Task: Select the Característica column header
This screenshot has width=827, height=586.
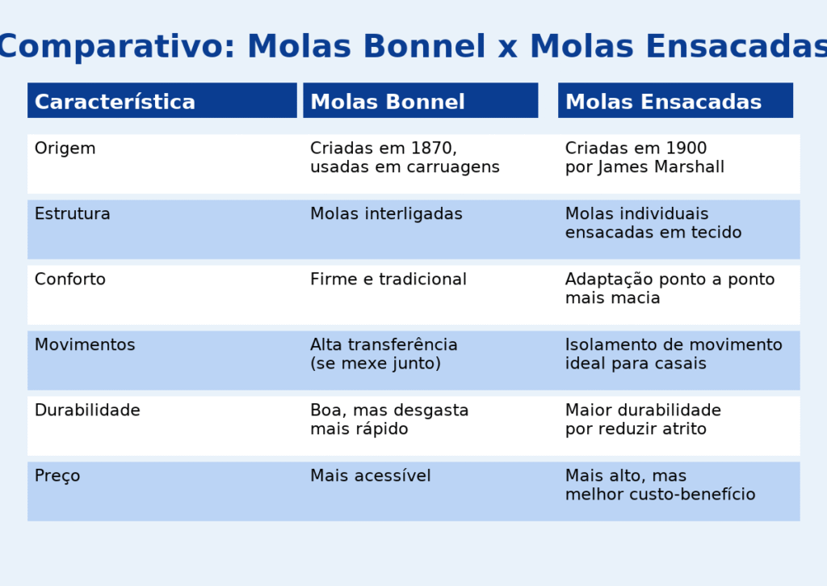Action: click(115, 101)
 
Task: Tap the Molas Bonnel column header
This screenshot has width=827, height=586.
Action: click(388, 101)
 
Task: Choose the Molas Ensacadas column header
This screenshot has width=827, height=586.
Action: click(664, 101)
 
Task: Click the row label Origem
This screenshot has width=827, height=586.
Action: click(65, 149)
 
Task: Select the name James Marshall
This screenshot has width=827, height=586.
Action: click(661, 167)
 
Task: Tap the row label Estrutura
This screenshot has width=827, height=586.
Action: click(72, 214)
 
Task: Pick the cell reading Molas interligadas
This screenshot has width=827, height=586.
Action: click(386, 214)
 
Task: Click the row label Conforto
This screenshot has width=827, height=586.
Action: click(70, 280)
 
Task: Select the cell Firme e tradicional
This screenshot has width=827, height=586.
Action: click(388, 280)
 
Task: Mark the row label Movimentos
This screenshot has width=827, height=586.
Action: click(85, 345)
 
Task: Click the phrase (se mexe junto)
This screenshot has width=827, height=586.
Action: click(376, 364)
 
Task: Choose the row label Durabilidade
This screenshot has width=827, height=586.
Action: click(87, 411)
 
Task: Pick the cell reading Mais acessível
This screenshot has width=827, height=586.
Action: click(370, 475)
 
